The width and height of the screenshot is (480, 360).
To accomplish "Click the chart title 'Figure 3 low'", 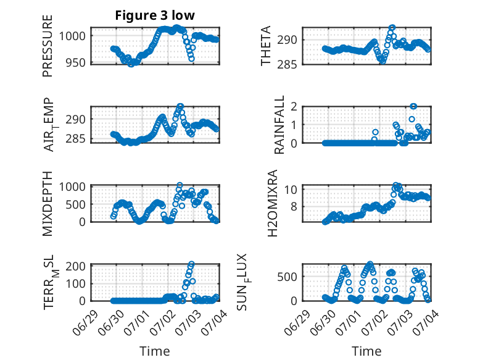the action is coord(155,15).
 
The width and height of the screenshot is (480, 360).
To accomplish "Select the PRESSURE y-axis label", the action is coord(48,46).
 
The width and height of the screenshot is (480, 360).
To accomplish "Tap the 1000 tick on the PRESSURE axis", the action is coord(72,36).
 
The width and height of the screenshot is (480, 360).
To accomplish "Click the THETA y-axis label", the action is coord(266,46).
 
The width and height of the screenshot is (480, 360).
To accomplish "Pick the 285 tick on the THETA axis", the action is coord(287,65).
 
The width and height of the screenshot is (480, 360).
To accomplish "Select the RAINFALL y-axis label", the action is coord(279,125).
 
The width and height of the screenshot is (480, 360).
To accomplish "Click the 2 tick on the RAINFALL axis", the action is coord(294,106).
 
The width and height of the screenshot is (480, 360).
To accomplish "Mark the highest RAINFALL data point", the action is coord(413,106).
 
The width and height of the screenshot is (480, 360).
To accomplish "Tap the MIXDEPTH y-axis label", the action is coord(48,204).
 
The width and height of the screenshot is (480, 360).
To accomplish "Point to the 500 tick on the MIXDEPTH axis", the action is coord(76,204).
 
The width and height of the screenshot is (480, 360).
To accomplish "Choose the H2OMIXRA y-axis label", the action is coord(272,203).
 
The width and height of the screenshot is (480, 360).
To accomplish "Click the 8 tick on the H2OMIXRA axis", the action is coord(294,206).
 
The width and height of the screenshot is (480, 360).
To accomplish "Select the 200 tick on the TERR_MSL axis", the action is coord(76,266).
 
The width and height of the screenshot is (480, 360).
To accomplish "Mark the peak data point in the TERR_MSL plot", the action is coord(191,264).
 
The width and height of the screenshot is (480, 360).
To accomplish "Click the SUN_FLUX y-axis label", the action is coord(242,282).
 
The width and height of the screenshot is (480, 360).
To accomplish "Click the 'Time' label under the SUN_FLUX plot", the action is coord(366,351).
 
